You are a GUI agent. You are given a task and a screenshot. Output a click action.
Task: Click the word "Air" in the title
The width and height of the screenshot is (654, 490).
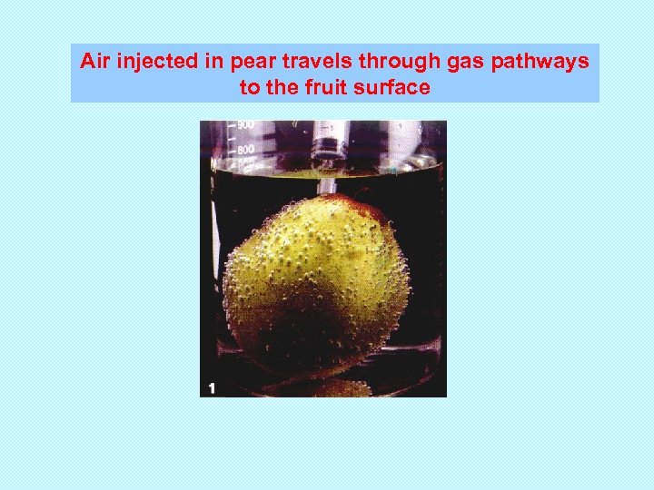(94, 62)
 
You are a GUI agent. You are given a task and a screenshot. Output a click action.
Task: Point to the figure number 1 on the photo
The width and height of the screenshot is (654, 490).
(212, 387)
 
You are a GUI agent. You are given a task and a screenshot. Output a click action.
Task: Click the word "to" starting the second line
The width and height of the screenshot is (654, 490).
(250, 87)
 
